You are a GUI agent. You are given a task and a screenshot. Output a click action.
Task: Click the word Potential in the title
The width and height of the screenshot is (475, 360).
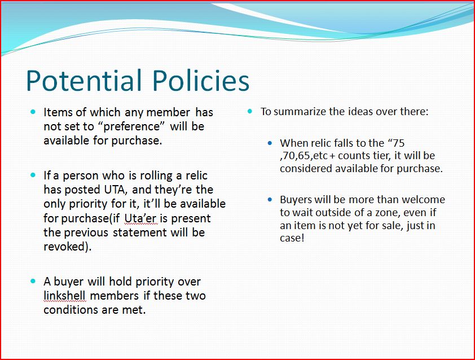click(84, 80)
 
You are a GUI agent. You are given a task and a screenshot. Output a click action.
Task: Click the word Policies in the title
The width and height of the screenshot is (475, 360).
click(200, 80)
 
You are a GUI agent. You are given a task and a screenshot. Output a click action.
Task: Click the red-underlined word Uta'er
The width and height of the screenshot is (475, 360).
click(140, 218)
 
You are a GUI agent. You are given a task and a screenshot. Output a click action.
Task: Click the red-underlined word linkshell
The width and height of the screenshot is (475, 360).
click(65, 296)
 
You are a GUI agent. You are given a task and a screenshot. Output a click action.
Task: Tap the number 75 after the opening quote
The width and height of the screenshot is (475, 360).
click(398, 143)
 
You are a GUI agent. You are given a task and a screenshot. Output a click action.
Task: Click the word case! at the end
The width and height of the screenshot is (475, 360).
click(292, 238)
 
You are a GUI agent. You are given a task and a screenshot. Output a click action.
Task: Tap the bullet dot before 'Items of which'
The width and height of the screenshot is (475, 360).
click(33, 112)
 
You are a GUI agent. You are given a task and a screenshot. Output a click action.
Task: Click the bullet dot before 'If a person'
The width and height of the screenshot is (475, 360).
click(33, 175)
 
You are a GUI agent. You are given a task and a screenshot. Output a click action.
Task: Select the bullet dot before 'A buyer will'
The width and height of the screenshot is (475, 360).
click(33, 281)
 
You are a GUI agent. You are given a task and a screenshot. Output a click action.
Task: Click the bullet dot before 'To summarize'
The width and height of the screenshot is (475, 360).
click(249, 111)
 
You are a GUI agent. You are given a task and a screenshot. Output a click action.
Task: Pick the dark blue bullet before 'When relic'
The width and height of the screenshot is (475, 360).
click(270, 143)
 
